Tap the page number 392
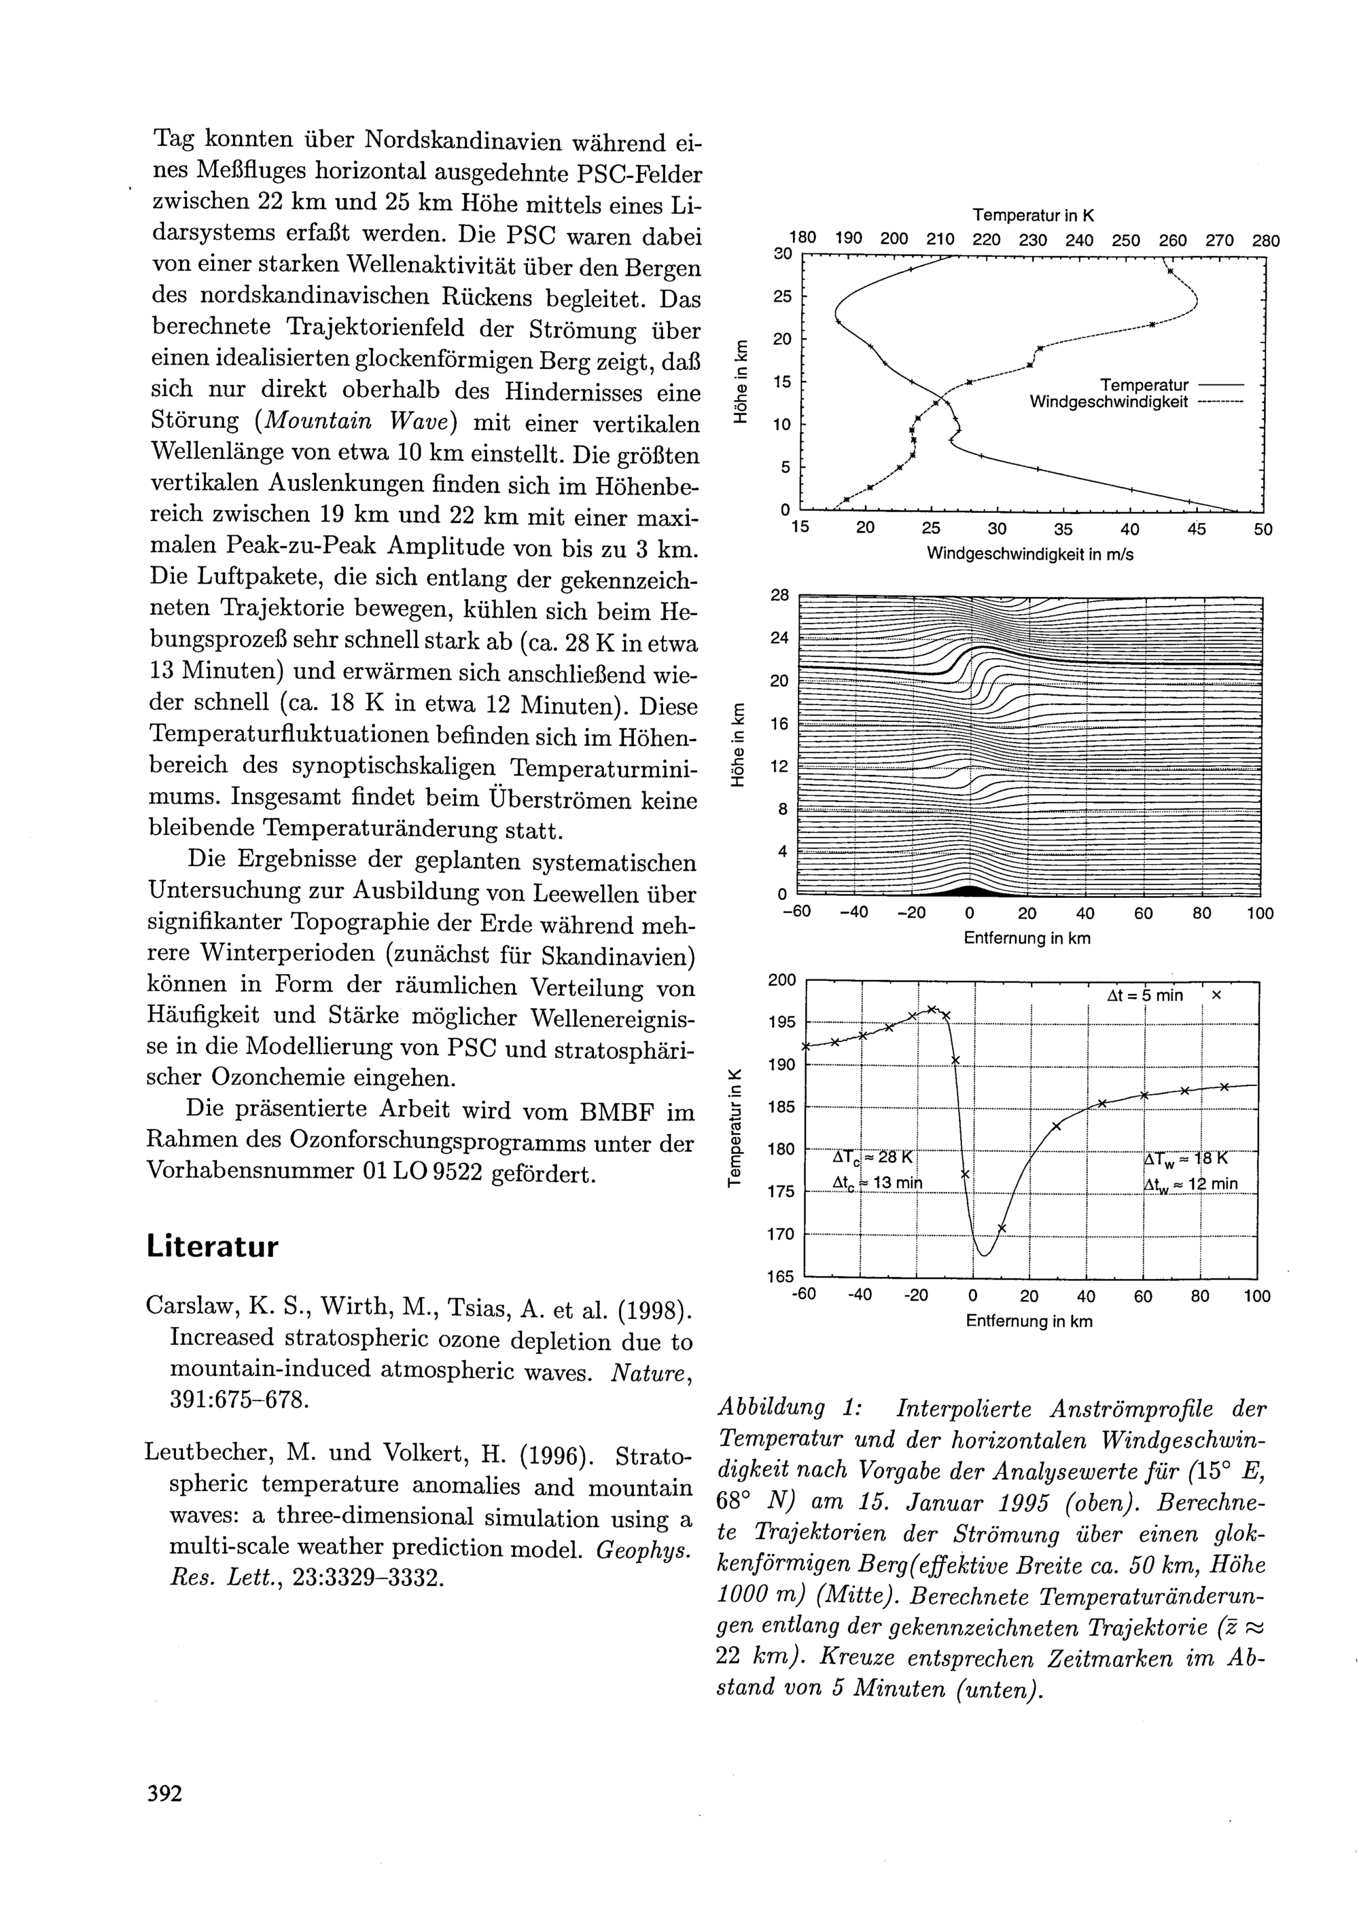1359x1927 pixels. pyautogui.click(x=164, y=1795)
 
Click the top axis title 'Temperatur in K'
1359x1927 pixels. pyautogui.click(x=1034, y=216)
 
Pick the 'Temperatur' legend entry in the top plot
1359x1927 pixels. pyautogui.click(x=1144, y=385)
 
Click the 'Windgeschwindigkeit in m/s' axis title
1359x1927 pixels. pyautogui.click(x=1030, y=555)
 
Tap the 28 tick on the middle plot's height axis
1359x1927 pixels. pyautogui.click(x=780, y=596)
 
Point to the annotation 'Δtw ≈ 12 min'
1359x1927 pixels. pyautogui.click(x=1190, y=1184)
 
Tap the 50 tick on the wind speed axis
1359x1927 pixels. pyautogui.click(x=1263, y=530)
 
